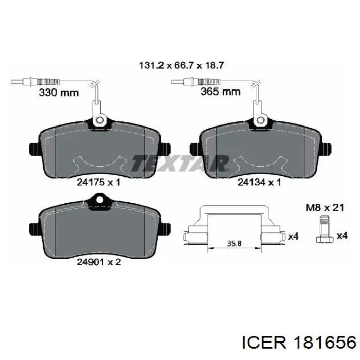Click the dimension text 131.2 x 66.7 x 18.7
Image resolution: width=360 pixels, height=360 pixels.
pyautogui.click(x=182, y=66)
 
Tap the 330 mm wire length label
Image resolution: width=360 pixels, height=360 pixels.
pyautogui.click(x=59, y=93)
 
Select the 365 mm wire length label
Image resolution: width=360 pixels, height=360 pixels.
pyautogui.click(x=221, y=92)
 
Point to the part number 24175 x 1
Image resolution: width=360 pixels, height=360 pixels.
pyautogui.click(x=99, y=182)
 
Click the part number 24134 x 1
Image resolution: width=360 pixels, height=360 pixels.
pyautogui.click(x=259, y=182)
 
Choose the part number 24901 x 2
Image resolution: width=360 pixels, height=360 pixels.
pyautogui.click(x=99, y=262)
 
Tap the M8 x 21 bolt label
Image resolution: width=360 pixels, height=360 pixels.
pyautogui.click(x=325, y=208)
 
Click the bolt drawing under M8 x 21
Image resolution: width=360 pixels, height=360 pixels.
pyautogui.click(x=325, y=229)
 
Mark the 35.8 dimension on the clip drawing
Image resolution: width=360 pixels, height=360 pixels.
pyautogui.click(x=234, y=243)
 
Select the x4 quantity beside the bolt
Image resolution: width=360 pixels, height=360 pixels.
pyautogui.click(x=342, y=236)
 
